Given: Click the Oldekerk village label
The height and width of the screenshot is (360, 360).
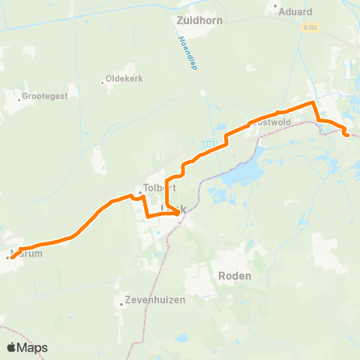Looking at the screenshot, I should click(x=125, y=78).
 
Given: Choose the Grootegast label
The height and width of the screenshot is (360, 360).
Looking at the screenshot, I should click(x=43, y=97).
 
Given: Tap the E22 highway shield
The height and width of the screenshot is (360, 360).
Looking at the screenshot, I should click(x=208, y=142).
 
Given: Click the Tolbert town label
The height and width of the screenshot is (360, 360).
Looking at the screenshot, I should click(x=148, y=188).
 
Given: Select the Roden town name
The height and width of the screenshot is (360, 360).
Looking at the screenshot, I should click(x=235, y=276).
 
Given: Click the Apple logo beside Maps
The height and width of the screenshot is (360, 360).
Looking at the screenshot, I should click(x=13, y=347).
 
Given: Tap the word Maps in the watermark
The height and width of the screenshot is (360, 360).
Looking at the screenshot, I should click(x=34, y=347).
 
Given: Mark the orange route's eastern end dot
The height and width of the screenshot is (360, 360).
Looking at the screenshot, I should click(x=346, y=135).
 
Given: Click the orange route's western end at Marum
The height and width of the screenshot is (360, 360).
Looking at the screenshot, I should click(x=10, y=257).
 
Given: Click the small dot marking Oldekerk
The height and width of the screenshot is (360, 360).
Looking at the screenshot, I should click(x=103, y=82).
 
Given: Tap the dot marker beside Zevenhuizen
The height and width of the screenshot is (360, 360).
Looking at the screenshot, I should click(x=121, y=304).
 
